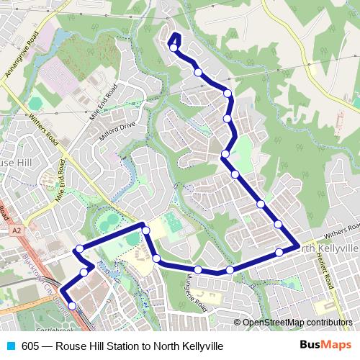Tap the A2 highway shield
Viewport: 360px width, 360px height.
pyautogui.click(x=15, y=231)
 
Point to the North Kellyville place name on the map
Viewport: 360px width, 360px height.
pyautogui.click(x=328, y=248)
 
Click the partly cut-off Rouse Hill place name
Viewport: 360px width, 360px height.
pyautogui.click(x=14, y=164)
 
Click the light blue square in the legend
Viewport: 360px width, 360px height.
pyautogui.click(x=9, y=346)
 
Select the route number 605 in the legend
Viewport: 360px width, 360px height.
pyautogui.click(x=30, y=346)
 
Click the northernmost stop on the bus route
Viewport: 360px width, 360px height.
pyautogui.click(x=174, y=47)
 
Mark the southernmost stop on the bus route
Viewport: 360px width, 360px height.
pyautogui.click(x=71, y=306)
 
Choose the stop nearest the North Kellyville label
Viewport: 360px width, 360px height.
pyautogui.click(x=279, y=252)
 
